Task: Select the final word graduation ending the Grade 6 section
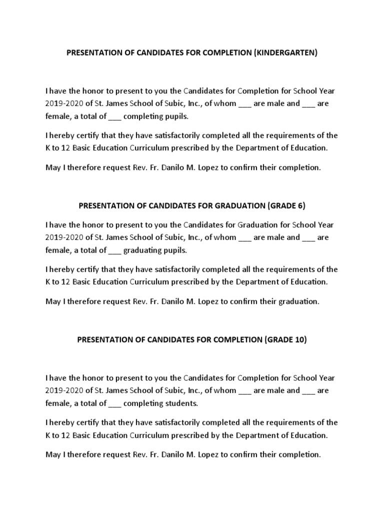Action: [299, 301]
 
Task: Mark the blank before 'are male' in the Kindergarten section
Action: [244, 104]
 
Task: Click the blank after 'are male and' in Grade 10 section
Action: [308, 390]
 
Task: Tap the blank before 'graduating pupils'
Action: [114, 250]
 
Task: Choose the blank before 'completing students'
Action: [114, 403]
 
